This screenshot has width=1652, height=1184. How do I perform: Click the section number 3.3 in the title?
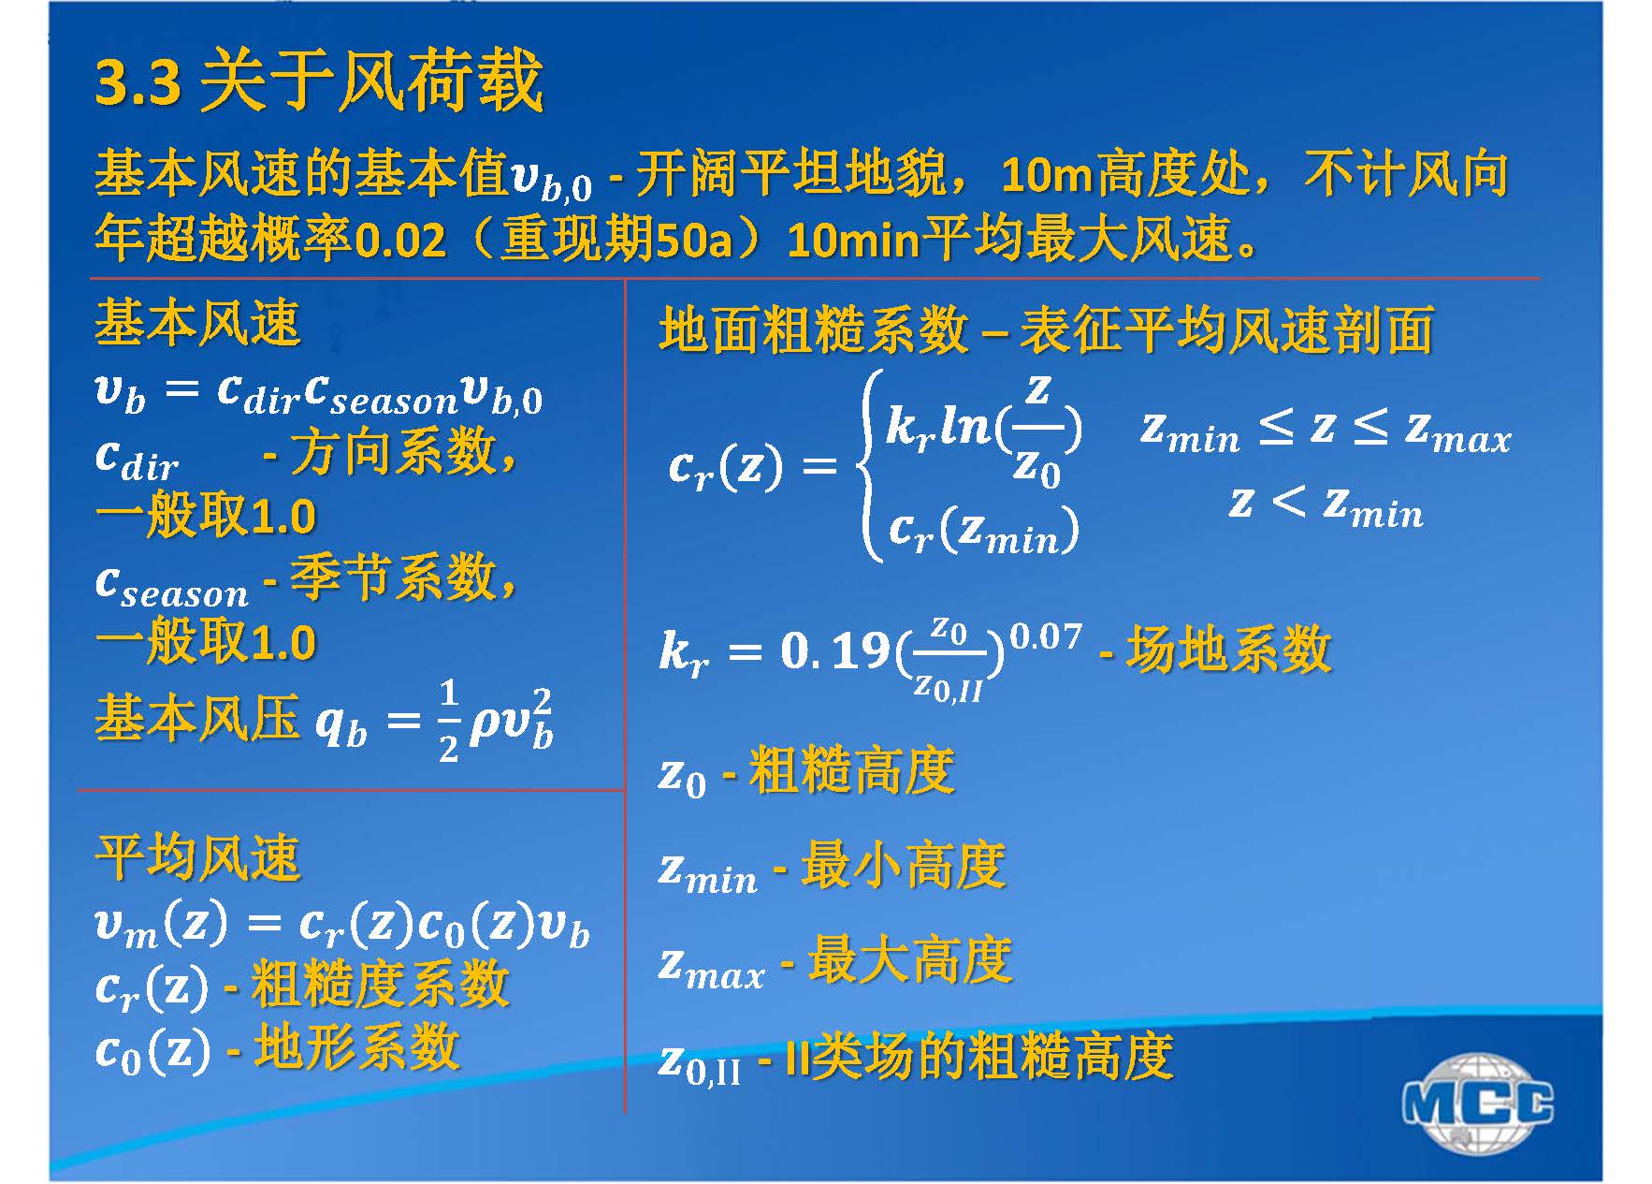tap(138, 81)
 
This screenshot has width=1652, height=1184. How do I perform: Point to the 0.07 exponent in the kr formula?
tap(1045, 637)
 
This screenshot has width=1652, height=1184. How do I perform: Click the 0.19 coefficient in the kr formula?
tap(834, 650)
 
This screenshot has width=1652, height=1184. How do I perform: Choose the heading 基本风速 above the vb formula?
tap(197, 323)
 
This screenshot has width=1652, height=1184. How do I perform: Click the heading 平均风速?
tap(197, 856)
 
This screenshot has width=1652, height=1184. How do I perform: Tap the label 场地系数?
tap(1229, 649)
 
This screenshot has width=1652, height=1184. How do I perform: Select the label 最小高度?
tap(904, 864)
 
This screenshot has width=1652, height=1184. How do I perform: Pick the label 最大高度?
tap(910, 959)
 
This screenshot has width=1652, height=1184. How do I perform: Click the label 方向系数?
tap(393, 452)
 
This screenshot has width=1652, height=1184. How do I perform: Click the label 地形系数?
tap(356, 1046)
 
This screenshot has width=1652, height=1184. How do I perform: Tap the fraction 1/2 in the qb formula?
tap(449, 721)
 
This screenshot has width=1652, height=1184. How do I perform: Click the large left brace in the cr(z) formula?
tap(871, 465)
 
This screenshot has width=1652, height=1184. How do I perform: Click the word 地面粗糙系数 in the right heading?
tap(813, 330)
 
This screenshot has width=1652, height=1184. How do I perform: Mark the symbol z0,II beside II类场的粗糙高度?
tap(700, 1064)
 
